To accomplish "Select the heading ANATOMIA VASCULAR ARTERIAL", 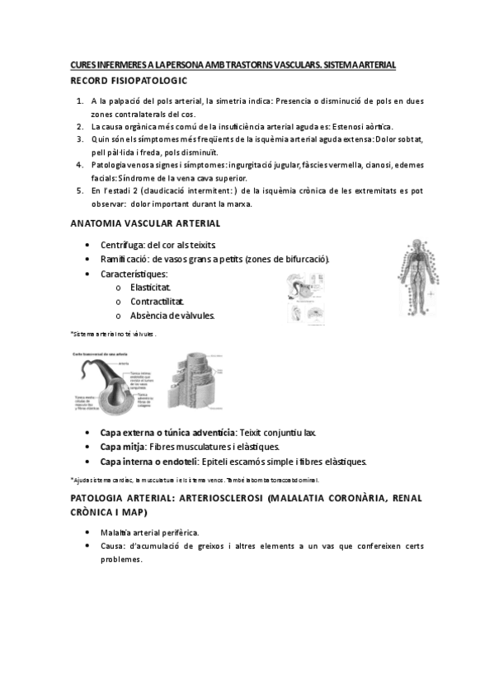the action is tap(144, 223).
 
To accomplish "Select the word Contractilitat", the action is tap(157, 302).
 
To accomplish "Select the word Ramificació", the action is tap(125, 260).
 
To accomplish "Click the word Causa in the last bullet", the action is tap(113, 547).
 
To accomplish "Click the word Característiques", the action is tap(134, 274).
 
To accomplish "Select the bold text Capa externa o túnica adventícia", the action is tap(168, 433).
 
